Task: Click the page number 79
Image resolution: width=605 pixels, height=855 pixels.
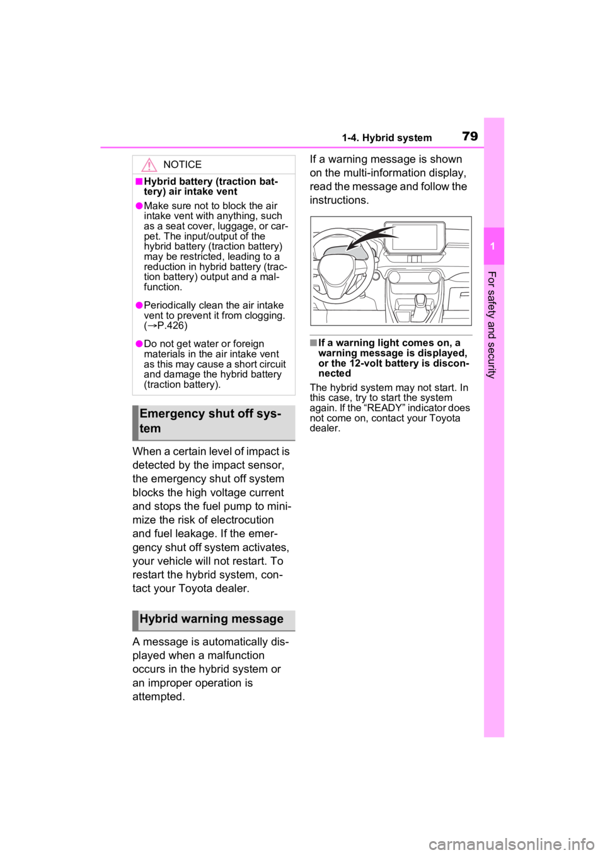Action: coord(470,136)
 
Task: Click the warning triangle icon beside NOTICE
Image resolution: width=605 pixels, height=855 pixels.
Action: coord(149,165)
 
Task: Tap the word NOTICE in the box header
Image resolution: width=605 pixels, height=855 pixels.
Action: coord(182,164)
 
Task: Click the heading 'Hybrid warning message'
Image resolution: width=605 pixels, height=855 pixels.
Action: coord(211,618)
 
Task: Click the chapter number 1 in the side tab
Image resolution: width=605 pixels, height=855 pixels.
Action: coord(493,246)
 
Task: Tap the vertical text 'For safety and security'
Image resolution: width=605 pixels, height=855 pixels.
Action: coord(492,325)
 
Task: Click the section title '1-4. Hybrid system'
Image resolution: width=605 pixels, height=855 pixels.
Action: coord(386,138)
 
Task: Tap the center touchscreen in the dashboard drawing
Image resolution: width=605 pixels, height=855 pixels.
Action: coord(415,237)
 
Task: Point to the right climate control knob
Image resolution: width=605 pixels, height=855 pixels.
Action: coord(435,277)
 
